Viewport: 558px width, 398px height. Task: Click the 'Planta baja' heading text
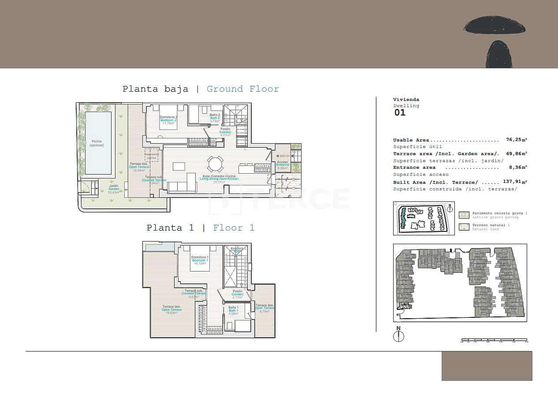pyautogui.click(x=155, y=89)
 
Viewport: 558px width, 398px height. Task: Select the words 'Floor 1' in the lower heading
pyautogui.click(x=234, y=228)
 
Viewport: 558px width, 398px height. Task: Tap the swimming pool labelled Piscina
pyautogui.click(x=98, y=143)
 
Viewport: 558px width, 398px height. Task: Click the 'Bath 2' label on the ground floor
pyautogui.click(x=215, y=118)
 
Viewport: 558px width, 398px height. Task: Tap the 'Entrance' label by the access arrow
pyautogui.click(x=283, y=165)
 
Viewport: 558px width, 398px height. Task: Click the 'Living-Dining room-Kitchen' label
pyautogui.click(x=219, y=179)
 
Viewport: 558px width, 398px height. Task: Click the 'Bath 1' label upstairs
pyautogui.click(x=233, y=311)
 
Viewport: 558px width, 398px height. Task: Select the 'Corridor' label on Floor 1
pyautogui.click(x=238, y=294)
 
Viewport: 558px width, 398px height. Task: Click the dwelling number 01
pyautogui.click(x=400, y=113)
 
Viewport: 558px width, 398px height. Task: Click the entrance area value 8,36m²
pyautogui.click(x=517, y=167)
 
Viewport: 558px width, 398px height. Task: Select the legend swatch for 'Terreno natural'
pyautogui.click(x=464, y=227)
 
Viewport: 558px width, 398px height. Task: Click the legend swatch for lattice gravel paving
pyautogui.click(x=464, y=215)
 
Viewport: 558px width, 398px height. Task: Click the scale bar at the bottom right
pyautogui.click(x=494, y=340)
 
